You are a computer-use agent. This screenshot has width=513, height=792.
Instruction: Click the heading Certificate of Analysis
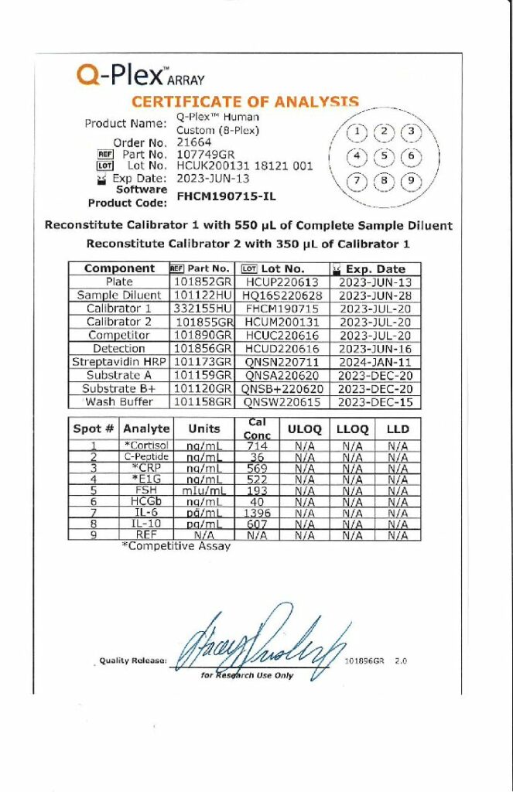[x=245, y=101]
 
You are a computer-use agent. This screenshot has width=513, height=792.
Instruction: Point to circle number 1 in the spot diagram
[x=356, y=131]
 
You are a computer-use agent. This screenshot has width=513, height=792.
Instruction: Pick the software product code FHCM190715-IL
[x=226, y=196]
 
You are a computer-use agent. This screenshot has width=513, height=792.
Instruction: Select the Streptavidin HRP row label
[x=119, y=361]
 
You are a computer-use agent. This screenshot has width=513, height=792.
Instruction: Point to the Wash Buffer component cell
[x=119, y=401]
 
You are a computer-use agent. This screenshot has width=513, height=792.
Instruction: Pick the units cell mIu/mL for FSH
[x=203, y=490]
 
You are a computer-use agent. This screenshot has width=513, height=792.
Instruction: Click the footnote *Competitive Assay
[x=176, y=545]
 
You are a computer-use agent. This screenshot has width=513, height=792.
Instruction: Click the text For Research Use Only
[x=248, y=675]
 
